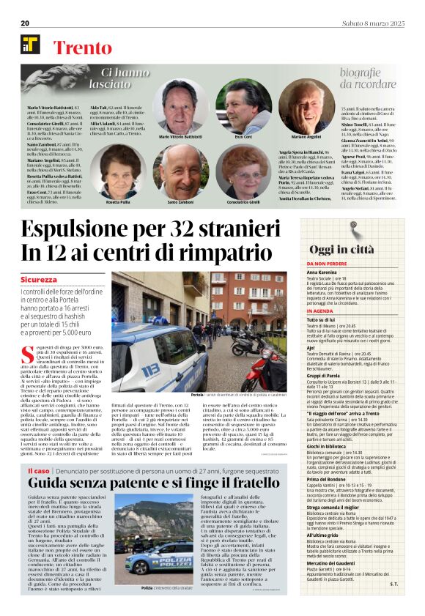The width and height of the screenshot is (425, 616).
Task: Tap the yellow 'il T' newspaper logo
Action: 31,45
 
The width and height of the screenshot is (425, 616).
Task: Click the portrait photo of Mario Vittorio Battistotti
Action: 180,105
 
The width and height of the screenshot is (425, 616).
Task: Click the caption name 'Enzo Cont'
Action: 244,137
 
